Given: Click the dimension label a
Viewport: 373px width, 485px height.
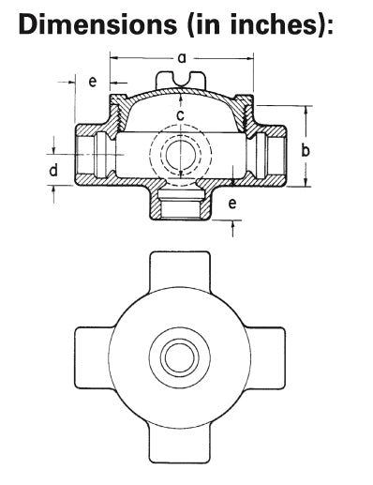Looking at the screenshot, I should pyautogui.click(x=182, y=58).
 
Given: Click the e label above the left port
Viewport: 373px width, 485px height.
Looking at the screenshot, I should pyautogui.click(x=92, y=83).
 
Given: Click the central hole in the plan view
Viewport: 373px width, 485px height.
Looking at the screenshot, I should pyautogui.click(x=176, y=356).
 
